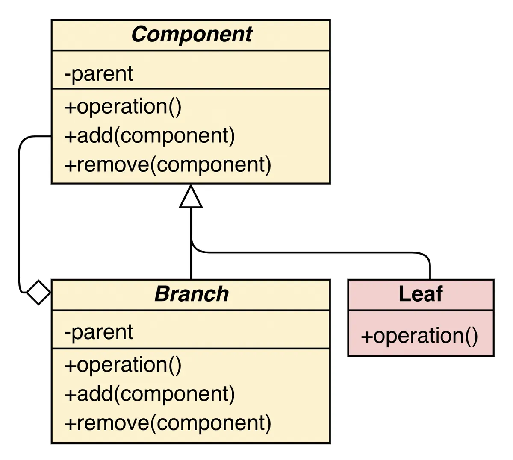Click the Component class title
191,35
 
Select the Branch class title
191,294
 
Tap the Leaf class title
421,294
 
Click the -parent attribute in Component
99,74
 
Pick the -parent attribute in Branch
99,332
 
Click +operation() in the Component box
123,107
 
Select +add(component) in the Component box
150,136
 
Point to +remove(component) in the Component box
168,165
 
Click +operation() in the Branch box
123,365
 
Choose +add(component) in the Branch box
150,394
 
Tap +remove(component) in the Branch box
168,423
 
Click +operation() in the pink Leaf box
419,336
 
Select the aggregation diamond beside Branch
38,293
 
